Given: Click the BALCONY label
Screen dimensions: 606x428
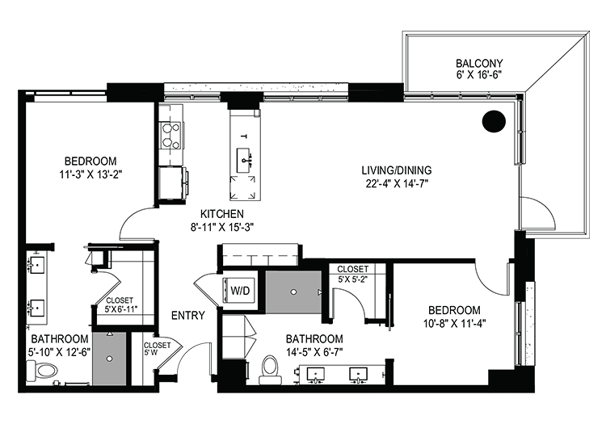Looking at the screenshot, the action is pos(479,63).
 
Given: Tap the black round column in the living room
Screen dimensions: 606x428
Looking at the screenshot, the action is pos(494,121).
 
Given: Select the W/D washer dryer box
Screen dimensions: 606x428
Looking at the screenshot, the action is pos(240,291).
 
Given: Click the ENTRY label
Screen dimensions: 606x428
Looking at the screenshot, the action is pos(187,316).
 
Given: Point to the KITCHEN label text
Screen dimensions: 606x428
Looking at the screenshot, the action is pos(222,214).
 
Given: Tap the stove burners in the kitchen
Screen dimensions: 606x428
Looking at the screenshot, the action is pos(171,136).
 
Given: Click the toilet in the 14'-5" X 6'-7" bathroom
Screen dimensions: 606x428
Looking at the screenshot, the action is pos(270,369).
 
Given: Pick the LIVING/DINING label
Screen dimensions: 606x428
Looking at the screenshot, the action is pos(397,170).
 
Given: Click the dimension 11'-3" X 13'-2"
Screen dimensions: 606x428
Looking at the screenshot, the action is pos(90,174).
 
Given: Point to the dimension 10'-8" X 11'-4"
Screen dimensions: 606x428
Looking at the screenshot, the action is pos(454,323).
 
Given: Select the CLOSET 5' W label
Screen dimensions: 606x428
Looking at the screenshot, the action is pos(157,349).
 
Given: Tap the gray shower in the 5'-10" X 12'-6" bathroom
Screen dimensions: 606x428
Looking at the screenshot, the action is pos(109,359).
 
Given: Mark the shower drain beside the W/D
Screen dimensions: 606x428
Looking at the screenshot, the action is pos(294,292).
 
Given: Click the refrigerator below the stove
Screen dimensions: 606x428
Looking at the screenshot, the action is pos(171,183).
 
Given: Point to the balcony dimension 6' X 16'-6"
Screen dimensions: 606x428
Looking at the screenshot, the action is pos(479,74).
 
